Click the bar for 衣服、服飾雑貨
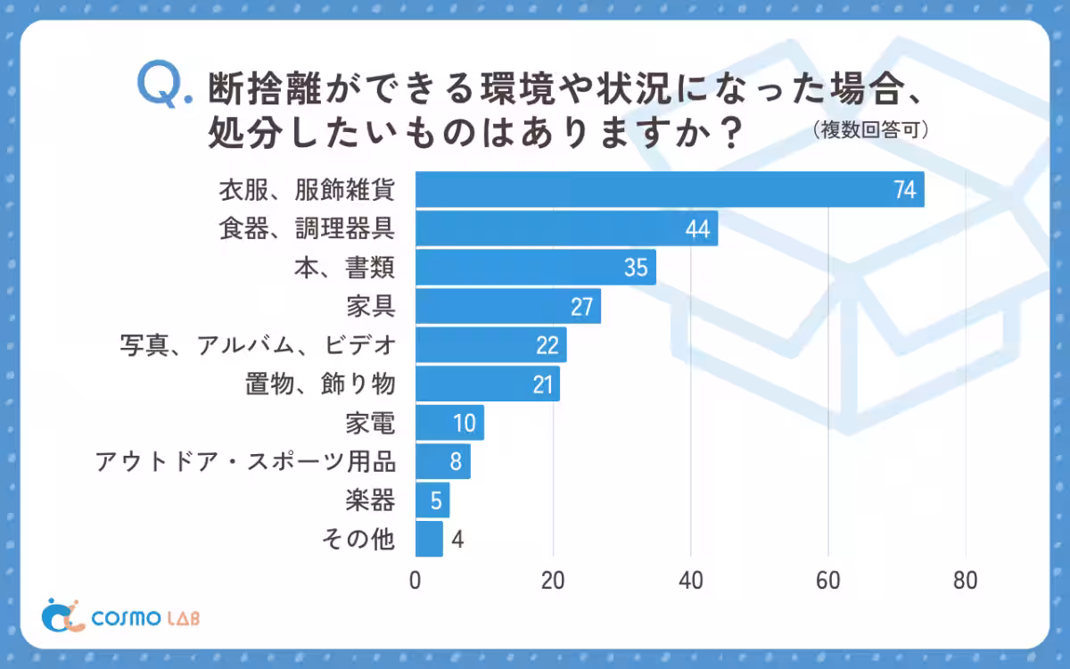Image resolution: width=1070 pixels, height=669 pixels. point(670,190)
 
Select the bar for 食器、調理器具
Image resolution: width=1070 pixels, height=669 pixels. point(566,229)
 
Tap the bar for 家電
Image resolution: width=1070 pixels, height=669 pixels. point(449,423)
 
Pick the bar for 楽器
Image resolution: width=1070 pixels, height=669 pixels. point(432,500)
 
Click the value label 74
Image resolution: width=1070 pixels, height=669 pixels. point(906,191)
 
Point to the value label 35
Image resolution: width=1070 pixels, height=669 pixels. point(636,268)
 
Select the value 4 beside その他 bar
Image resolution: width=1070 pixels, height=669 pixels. point(457,540)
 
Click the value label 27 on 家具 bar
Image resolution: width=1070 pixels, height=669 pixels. point(582,307)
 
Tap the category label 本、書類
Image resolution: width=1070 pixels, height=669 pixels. point(345,268)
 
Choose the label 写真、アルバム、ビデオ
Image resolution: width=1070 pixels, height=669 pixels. point(257,345)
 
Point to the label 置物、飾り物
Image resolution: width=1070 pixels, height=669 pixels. point(320,384)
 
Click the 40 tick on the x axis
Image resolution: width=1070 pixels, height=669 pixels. point(691,581)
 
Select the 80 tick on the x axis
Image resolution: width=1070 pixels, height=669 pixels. point(966,581)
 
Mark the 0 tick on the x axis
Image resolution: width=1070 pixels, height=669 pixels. point(416,581)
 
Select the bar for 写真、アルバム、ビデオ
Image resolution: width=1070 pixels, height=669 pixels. point(490,345)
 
